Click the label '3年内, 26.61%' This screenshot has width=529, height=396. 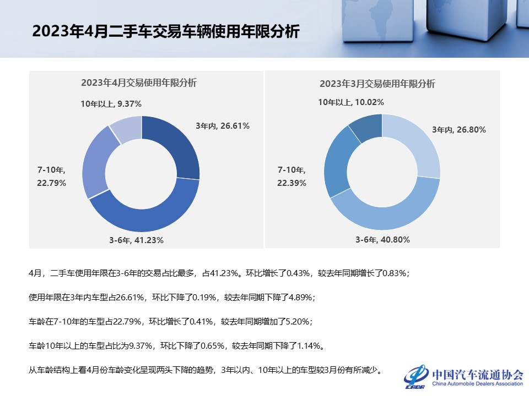223,126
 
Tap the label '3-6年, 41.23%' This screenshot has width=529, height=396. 136,240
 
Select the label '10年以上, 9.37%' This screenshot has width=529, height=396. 111,103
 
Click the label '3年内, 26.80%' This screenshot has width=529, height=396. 459,130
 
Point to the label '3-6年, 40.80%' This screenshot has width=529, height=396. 382,240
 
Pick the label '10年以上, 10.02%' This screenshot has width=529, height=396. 351,102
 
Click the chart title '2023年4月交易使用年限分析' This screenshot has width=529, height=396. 139,83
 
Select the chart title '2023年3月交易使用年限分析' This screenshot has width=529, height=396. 377,84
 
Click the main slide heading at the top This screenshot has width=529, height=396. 165,31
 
